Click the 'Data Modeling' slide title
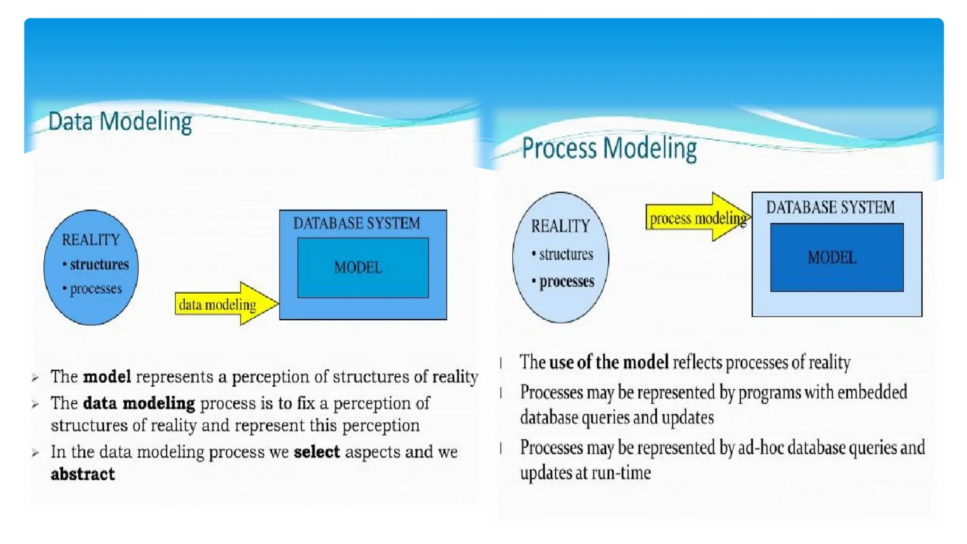(x=120, y=122)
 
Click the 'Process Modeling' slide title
(x=609, y=148)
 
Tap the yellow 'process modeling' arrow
(x=697, y=218)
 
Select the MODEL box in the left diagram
(x=363, y=268)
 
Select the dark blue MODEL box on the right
(x=836, y=257)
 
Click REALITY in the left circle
(x=91, y=240)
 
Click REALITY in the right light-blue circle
(x=560, y=226)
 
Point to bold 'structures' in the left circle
(x=99, y=264)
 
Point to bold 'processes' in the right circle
(x=567, y=281)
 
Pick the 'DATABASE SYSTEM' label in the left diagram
(x=356, y=223)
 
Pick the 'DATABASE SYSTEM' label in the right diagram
(x=830, y=207)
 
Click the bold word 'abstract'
(x=83, y=474)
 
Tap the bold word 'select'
(x=316, y=452)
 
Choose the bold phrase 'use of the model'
(x=609, y=362)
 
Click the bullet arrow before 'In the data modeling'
(x=35, y=453)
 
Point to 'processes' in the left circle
(x=96, y=289)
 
